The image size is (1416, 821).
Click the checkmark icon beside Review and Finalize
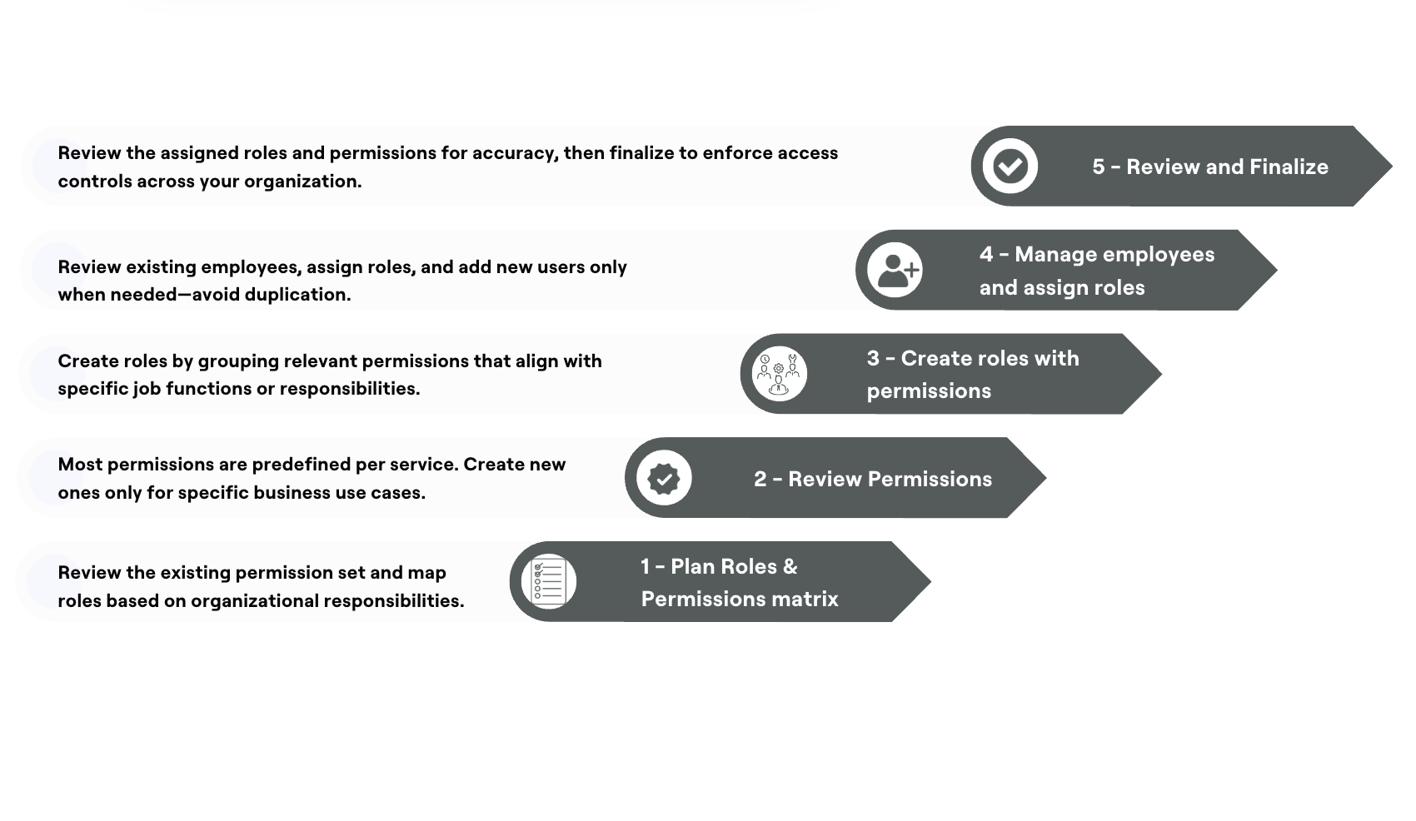[x=1010, y=167]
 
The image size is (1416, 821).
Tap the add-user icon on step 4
[x=895, y=270]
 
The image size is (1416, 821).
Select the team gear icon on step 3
[x=779, y=374]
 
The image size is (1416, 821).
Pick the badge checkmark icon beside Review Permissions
[x=664, y=478]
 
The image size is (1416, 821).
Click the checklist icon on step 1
[x=549, y=581]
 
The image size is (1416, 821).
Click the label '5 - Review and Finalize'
[x=1210, y=167]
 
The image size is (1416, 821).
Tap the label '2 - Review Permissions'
[x=873, y=479]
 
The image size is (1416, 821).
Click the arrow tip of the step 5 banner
[x=1392, y=167]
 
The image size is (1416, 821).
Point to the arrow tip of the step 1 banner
[x=930, y=581]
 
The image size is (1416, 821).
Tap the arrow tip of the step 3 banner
[x=1161, y=374]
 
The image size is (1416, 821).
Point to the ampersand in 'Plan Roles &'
[x=790, y=566]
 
